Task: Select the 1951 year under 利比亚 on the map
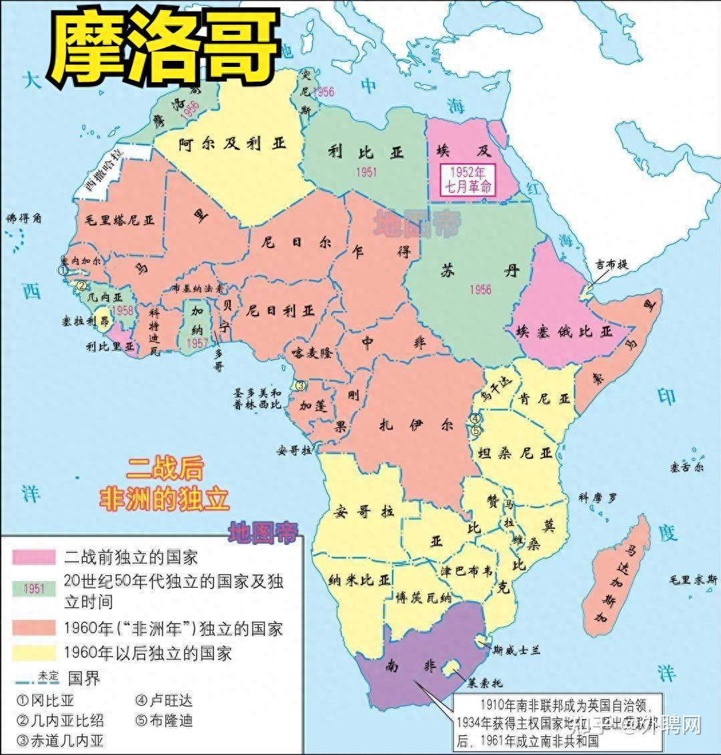pos(366,172)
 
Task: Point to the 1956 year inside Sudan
pos(480,289)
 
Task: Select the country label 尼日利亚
pos(280,311)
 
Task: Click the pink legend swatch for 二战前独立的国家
pos(33,556)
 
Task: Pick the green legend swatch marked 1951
pos(33,588)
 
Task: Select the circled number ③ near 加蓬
pos(301,385)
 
